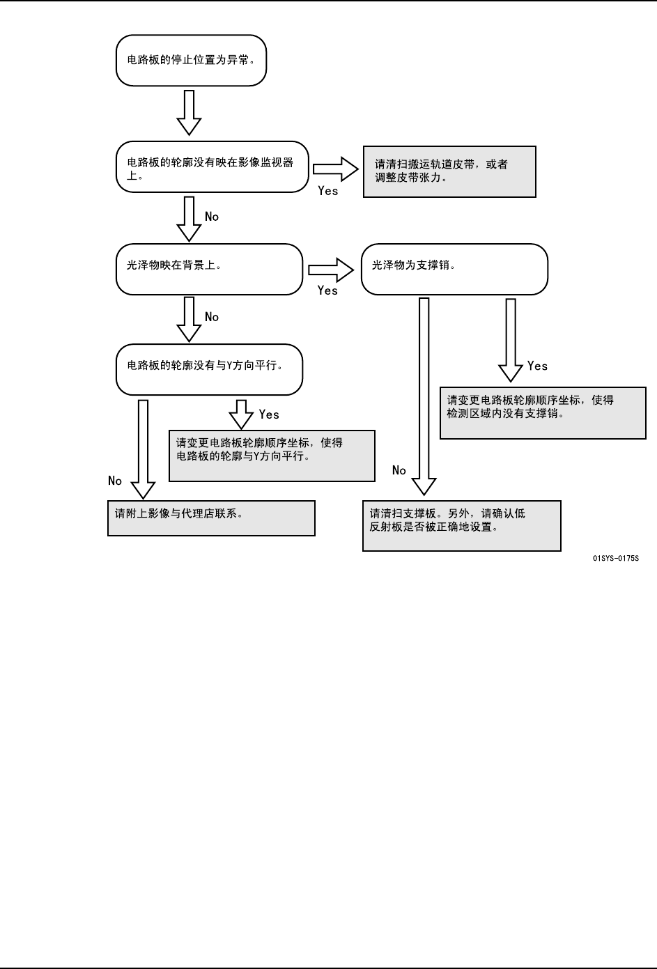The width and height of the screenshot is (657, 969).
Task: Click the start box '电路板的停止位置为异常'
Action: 191,61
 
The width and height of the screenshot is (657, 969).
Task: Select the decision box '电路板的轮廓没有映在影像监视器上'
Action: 212,169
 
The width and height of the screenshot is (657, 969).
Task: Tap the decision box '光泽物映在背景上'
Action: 209,269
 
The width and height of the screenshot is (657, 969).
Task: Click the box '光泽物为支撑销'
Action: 454,269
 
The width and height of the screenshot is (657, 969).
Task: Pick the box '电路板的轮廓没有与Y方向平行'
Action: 209,369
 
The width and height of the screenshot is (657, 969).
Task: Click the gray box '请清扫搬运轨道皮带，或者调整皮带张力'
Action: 449,171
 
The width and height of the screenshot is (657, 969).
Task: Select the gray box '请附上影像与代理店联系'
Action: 211,518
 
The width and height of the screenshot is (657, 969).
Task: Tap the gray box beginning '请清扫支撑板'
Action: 461,525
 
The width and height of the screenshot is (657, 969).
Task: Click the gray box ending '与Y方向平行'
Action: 272,456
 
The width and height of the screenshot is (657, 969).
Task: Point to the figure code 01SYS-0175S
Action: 615,559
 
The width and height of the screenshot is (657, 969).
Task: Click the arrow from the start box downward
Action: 189,112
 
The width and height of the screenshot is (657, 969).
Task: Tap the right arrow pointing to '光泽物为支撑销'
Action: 332,269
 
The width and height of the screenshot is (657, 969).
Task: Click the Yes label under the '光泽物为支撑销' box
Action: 537,366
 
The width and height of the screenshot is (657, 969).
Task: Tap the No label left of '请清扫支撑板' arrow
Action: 399,470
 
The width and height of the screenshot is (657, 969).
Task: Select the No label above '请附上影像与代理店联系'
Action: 115,481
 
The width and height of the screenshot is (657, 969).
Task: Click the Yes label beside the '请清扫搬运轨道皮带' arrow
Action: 327,191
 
